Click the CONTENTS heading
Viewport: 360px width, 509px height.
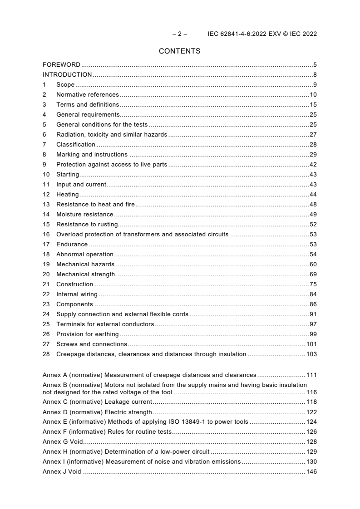[180, 51]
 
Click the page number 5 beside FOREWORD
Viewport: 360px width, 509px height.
[315, 65]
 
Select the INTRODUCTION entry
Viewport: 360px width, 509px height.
[67, 75]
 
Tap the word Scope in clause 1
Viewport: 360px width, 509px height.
[65, 85]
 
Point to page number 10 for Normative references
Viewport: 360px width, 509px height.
[313, 95]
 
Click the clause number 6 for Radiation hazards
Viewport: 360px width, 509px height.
[44, 135]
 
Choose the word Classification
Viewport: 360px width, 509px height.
[76, 145]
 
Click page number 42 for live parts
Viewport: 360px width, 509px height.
[313, 165]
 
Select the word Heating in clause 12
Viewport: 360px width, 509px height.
[67, 195]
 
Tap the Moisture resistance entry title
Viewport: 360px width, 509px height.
[85, 215]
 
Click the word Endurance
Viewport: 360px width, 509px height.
[72, 245]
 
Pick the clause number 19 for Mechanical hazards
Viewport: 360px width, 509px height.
[46, 264]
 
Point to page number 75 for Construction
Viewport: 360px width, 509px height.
[313, 284]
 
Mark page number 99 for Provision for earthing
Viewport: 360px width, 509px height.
[313, 334]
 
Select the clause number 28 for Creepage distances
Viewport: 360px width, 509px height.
[46, 354]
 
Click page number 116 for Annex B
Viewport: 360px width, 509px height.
[311, 392]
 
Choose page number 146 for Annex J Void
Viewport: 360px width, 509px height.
[311, 472]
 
